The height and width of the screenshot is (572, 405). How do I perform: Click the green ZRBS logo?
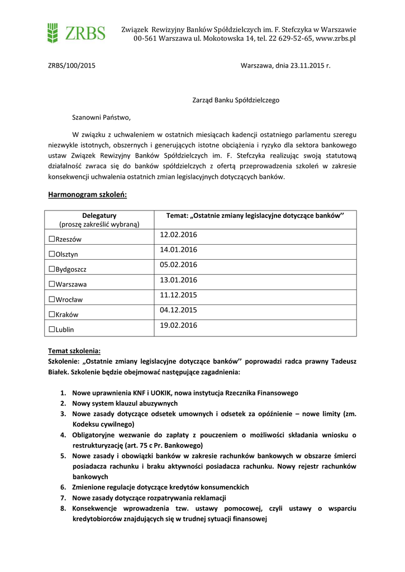tap(76, 33)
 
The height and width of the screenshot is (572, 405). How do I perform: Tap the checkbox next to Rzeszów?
tap(51, 239)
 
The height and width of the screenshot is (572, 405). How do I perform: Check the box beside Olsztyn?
tap(51, 254)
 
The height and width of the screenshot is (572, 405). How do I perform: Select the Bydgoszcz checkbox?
tap(51, 269)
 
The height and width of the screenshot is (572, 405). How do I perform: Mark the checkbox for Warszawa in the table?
tap(51, 284)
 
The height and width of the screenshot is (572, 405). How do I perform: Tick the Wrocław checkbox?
tap(51, 299)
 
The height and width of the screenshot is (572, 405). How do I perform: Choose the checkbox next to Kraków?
tap(51, 314)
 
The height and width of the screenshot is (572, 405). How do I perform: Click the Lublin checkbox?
tap(51, 330)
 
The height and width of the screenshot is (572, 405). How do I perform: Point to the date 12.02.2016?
tap(178, 235)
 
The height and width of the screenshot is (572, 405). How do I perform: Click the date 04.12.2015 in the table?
tap(178, 310)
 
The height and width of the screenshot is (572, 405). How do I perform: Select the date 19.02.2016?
tap(178, 325)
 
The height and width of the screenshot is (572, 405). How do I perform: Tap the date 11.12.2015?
tap(178, 295)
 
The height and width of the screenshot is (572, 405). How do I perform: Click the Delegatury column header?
tap(99, 216)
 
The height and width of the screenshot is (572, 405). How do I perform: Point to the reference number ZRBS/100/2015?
tap(71, 65)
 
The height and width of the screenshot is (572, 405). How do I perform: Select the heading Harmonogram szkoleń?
tap(88, 195)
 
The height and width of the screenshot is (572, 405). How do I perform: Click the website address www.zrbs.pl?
tap(336, 39)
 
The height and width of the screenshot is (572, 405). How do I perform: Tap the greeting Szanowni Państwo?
tap(101, 118)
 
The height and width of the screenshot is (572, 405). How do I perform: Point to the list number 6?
tap(63, 488)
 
